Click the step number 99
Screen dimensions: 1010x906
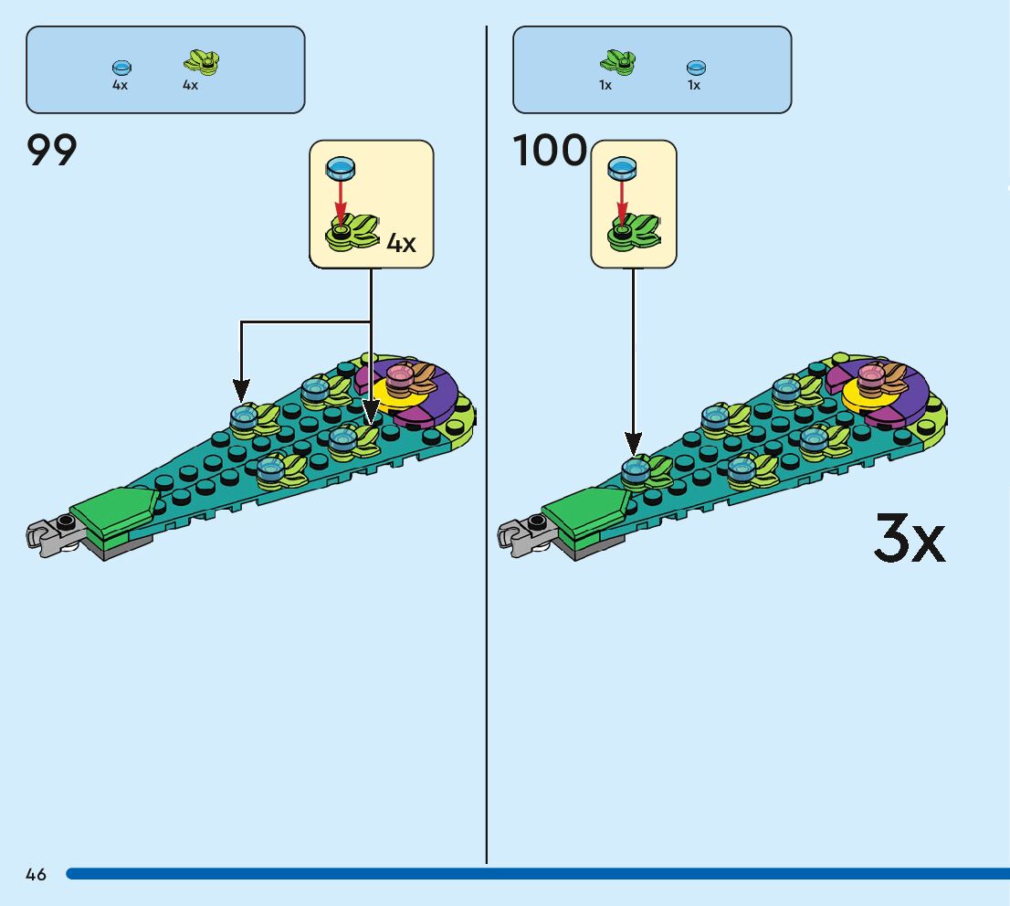pyautogui.click(x=52, y=151)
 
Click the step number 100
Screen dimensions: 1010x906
pyautogui.click(x=550, y=151)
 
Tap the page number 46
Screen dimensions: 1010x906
pyautogui.click(x=37, y=874)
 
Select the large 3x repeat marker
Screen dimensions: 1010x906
pyautogui.click(x=909, y=539)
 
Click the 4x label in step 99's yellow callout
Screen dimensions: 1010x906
pyautogui.click(x=401, y=243)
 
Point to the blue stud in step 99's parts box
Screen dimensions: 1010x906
pyautogui.click(x=121, y=68)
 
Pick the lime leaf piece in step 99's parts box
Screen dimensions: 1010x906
pyautogui.click(x=202, y=62)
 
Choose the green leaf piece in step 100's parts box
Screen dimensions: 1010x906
pyautogui.click(x=617, y=62)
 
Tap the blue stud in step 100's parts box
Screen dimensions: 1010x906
pyautogui.click(x=696, y=67)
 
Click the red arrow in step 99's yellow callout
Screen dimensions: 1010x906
pyautogui.click(x=340, y=199)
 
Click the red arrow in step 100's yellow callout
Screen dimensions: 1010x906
pyautogui.click(x=622, y=199)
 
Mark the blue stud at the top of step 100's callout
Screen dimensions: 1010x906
pyautogui.click(x=622, y=167)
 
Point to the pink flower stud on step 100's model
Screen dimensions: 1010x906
pyautogui.click(x=869, y=374)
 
